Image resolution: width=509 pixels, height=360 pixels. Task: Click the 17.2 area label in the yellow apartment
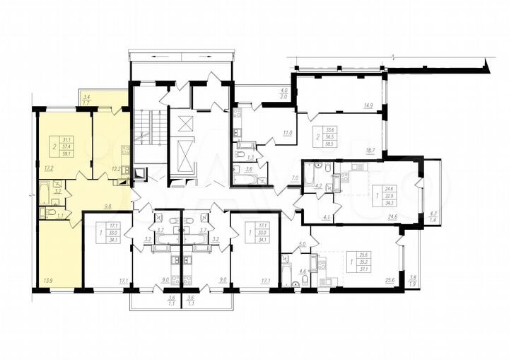49,168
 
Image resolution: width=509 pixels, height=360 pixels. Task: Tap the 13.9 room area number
47,281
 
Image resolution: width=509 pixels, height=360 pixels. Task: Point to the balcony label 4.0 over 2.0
283,92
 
